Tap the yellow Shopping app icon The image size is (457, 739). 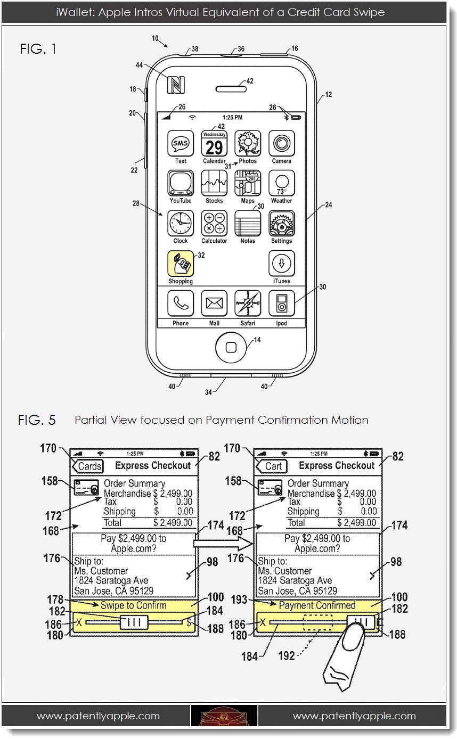181,264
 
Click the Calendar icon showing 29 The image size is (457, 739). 214,144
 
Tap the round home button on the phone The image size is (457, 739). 231,347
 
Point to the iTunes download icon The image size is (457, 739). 281,264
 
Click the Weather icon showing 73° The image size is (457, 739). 281,184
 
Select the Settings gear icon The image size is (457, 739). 281,224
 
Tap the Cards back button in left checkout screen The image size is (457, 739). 88,466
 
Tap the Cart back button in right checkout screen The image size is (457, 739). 272,466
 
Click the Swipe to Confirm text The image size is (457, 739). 133,605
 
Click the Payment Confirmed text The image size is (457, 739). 317,605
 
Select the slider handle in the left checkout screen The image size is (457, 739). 134,622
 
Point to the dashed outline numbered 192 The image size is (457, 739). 317,622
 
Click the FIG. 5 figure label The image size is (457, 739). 37,420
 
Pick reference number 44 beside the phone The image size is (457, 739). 140,65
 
